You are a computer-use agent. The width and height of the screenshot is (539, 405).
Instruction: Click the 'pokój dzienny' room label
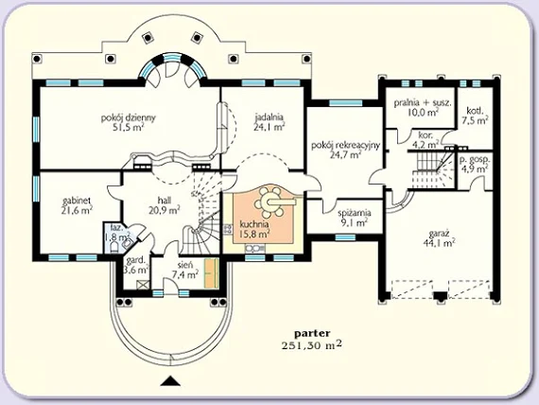pyautogui.click(x=129, y=117)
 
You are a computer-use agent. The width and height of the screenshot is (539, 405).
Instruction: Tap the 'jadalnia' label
pyautogui.click(x=269, y=117)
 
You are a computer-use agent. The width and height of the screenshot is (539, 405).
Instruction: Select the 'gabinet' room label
pyautogui.click(x=77, y=201)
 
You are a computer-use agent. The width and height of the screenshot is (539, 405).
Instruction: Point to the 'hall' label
pyautogui.click(x=165, y=200)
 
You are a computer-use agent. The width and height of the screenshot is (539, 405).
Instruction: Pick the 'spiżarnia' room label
pyautogui.click(x=354, y=213)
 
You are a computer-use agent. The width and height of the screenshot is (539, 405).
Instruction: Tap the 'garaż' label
pyautogui.click(x=439, y=234)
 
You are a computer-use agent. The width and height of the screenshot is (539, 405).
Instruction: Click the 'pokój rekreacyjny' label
pyautogui.click(x=345, y=145)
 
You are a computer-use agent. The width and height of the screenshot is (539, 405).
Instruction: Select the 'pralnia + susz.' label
pyautogui.click(x=423, y=102)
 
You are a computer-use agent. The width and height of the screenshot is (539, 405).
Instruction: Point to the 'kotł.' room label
pyautogui.click(x=475, y=111)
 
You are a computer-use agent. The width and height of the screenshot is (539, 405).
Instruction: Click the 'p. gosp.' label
pyautogui.click(x=475, y=160)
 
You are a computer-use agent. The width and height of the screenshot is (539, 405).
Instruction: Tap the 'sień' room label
pyautogui.click(x=185, y=265)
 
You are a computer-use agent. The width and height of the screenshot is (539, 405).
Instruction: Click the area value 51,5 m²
pyautogui.click(x=129, y=128)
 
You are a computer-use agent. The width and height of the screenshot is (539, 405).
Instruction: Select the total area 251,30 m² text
pyautogui.click(x=312, y=345)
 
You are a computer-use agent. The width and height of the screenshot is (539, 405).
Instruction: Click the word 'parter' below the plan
pyautogui.click(x=312, y=333)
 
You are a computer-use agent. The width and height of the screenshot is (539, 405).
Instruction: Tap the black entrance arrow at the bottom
pyautogui.click(x=171, y=380)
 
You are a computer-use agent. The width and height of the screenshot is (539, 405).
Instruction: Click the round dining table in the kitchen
pyautogui.click(x=269, y=202)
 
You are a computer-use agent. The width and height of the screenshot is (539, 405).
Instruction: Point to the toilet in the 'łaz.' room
pyautogui.click(x=114, y=245)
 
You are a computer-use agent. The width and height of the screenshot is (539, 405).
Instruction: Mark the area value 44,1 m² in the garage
pyautogui.click(x=439, y=243)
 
